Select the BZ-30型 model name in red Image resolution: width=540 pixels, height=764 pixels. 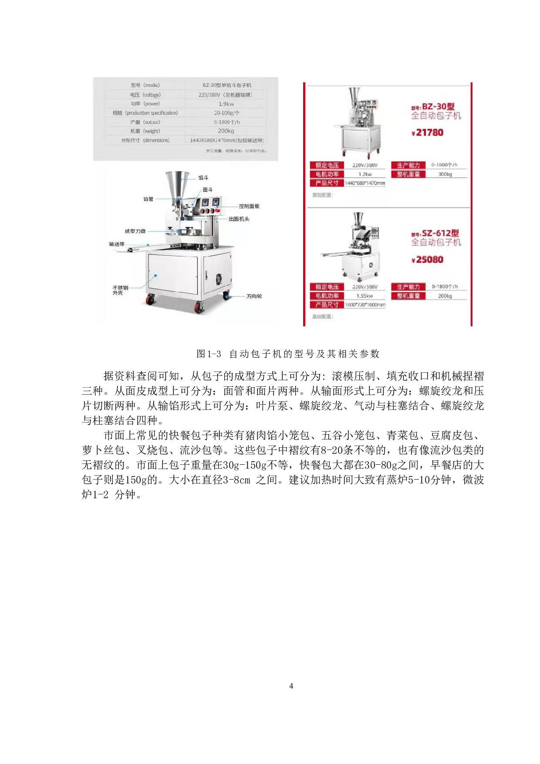pos(438,106)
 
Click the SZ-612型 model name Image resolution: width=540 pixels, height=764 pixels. pos(440,233)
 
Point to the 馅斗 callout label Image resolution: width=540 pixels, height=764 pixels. pos(203,178)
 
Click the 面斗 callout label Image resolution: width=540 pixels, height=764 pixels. pos(208,190)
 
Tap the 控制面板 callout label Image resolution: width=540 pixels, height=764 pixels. pos(249,206)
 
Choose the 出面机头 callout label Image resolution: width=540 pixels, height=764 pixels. pos(239,219)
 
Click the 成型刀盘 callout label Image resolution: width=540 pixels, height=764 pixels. pos(135,231)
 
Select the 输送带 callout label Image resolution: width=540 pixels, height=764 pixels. pos(117,244)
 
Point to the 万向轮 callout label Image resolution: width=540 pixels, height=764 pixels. pos(254,296)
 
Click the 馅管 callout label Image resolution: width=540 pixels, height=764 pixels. pos(148,199)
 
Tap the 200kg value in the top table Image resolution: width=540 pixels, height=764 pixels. pos(226,131)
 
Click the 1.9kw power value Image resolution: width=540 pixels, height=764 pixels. pos(226,104)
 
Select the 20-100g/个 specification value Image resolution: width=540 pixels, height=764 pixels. pos(226,113)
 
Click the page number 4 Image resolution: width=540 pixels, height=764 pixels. pos(291,686)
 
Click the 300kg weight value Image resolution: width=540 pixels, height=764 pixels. pos(445,174)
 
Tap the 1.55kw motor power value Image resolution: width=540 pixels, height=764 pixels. pos(364,296)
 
